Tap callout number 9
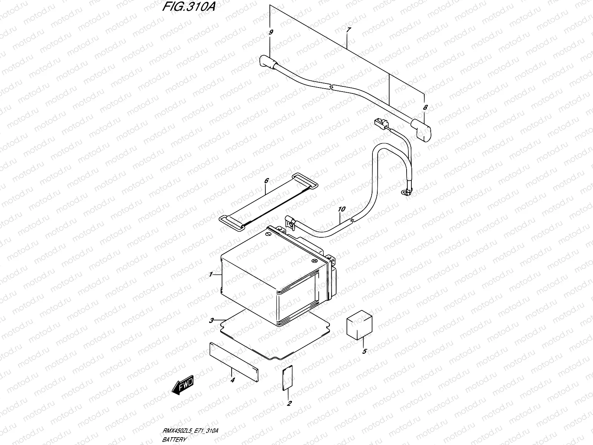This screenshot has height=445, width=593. coord(271,33)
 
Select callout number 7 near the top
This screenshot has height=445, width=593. coord(347,31)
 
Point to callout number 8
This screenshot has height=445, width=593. coord(425,108)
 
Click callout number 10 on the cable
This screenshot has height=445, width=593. coord(341,210)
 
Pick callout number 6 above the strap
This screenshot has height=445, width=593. coord(266,181)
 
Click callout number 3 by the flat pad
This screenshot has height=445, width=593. coord(211,320)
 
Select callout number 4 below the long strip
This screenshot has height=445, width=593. coord(233,380)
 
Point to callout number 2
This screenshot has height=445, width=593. coord(289,403)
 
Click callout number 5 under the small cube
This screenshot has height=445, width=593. coord(364,351)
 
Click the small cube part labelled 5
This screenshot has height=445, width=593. coord(360,325)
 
